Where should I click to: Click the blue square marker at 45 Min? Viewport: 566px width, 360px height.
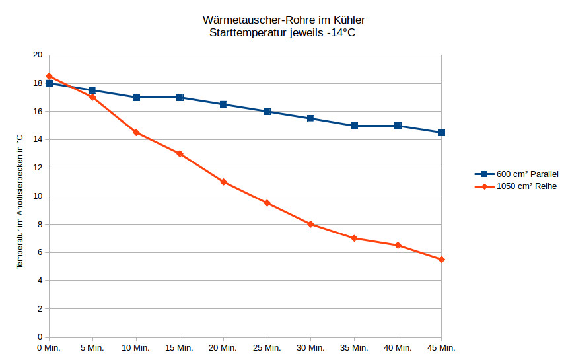441,133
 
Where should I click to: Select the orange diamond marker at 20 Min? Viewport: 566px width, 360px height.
223,182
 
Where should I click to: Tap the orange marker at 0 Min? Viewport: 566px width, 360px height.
49,77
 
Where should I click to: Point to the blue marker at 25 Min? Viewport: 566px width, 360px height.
267,112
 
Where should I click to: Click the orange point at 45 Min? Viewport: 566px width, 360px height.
441,260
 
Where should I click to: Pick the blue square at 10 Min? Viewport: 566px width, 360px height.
136,97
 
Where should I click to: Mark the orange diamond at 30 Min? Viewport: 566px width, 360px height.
310,224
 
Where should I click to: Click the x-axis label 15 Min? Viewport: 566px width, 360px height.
180,347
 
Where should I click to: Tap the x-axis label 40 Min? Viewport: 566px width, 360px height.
398,347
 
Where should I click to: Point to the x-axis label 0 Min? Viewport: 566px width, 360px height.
49,347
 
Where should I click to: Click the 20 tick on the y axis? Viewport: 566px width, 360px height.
38,55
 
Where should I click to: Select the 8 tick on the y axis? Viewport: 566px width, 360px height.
40,225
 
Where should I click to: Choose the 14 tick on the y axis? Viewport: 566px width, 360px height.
38,140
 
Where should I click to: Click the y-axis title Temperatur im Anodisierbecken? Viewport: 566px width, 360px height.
20,201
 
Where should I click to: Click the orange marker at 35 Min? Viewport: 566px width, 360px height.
354,238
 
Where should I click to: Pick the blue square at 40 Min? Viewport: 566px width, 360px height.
398,126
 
